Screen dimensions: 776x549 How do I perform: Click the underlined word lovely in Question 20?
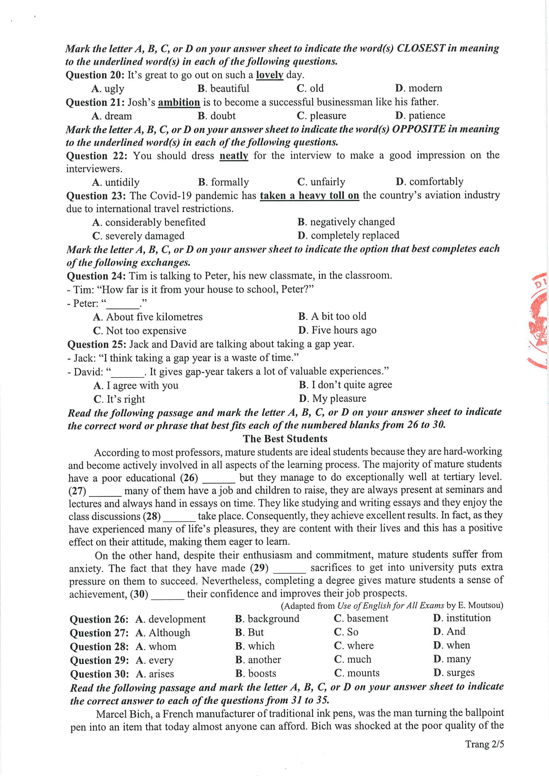click(x=270, y=75)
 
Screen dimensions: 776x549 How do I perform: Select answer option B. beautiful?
click(x=223, y=89)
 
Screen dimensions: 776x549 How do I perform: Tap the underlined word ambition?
click(x=179, y=102)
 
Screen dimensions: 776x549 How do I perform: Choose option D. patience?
click(x=420, y=115)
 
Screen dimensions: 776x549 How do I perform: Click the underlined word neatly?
click(x=234, y=156)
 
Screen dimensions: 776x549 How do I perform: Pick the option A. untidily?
click(x=116, y=182)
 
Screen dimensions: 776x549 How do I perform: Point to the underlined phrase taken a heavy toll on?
click(x=309, y=195)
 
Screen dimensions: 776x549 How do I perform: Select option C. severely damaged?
click(x=139, y=236)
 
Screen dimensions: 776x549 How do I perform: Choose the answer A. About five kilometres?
click(x=148, y=317)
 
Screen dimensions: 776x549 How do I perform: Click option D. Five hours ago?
click(x=337, y=330)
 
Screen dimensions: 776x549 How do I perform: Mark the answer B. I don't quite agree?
click(x=346, y=385)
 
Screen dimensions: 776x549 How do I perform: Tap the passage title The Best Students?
click(x=285, y=438)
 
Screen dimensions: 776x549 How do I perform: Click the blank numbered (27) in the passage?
click(x=105, y=491)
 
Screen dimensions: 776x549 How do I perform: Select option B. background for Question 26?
click(x=267, y=618)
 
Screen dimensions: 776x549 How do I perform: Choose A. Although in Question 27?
click(x=163, y=632)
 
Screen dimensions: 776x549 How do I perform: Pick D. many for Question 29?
click(x=452, y=659)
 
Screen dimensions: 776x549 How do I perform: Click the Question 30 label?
click(x=99, y=673)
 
